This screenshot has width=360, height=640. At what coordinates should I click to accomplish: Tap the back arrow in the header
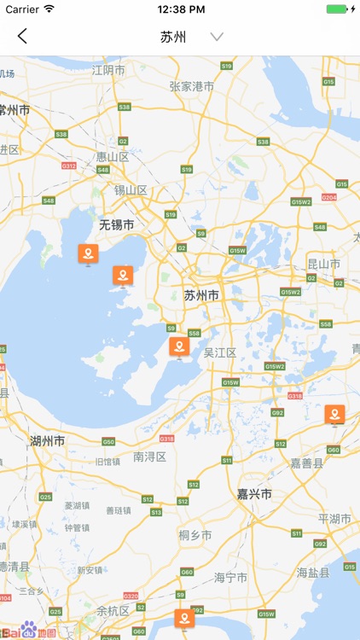click(x=22, y=36)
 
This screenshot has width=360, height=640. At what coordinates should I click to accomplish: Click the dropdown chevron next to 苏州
click(x=217, y=37)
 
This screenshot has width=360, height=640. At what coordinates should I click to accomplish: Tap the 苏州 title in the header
click(x=173, y=37)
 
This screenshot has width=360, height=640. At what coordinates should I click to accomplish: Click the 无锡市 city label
click(x=116, y=225)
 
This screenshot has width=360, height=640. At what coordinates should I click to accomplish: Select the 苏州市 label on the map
click(x=201, y=295)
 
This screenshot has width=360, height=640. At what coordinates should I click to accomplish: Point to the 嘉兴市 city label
click(x=254, y=494)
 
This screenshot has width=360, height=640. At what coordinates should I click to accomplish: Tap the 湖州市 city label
click(x=47, y=441)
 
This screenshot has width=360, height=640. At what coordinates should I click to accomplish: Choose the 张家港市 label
click(x=192, y=85)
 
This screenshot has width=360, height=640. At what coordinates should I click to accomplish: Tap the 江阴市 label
click(x=109, y=70)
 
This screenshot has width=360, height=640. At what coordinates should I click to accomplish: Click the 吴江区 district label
click(x=219, y=352)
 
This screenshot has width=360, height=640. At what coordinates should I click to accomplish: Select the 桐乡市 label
click(x=195, y=535)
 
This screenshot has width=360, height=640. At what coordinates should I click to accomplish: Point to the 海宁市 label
click(x=230, y=577)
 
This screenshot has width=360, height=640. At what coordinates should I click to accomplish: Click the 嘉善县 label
click(x=307, y=463)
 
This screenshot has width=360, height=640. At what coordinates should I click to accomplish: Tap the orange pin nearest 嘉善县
click(x=334, y=415)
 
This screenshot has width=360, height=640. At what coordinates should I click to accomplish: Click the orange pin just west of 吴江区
click(x=178, y=346)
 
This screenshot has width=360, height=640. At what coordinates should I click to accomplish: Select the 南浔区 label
click(x=149, y=457)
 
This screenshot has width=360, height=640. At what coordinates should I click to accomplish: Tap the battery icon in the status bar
click(x=339, y=9)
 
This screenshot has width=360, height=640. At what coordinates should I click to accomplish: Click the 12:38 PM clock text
click(x=179, y=9)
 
